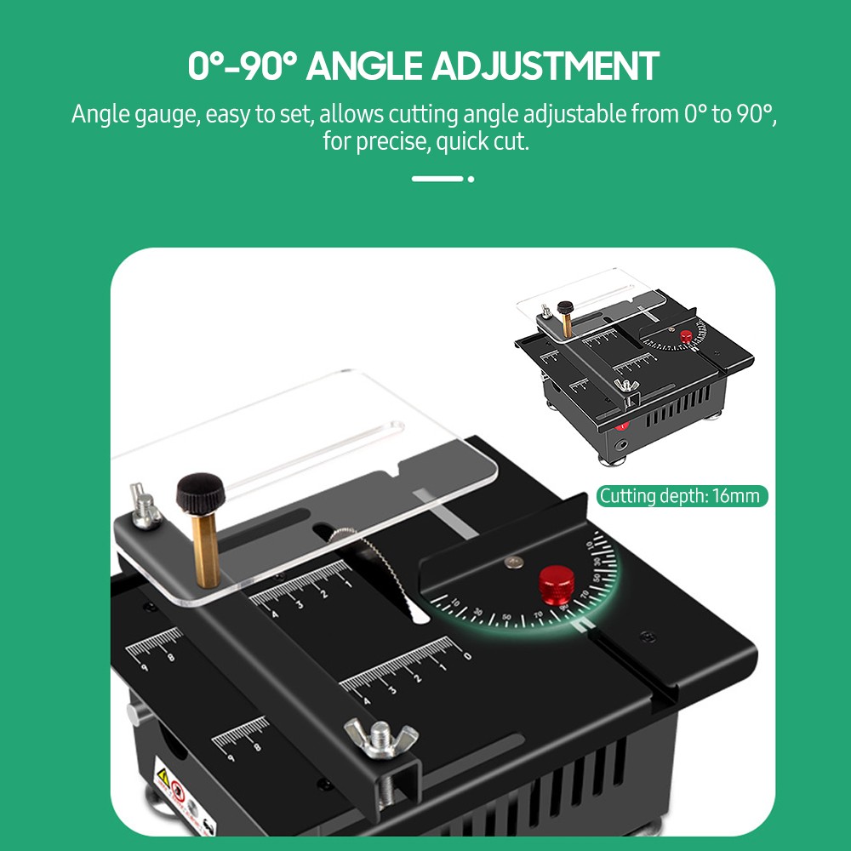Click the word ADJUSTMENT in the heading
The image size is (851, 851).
[545, 66]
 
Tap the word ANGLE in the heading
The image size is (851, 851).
[364, 66]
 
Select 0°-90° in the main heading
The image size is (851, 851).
[242, 66]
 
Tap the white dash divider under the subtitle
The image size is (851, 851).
[437, 179]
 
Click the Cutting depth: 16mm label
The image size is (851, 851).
[681, 496]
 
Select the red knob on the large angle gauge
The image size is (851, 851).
[558, 585]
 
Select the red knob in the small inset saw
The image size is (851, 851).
[686, 337]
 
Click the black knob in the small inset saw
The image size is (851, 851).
[563, 307]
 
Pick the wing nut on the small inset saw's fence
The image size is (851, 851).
[628, 387]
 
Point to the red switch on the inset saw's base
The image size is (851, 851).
[622, 422]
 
